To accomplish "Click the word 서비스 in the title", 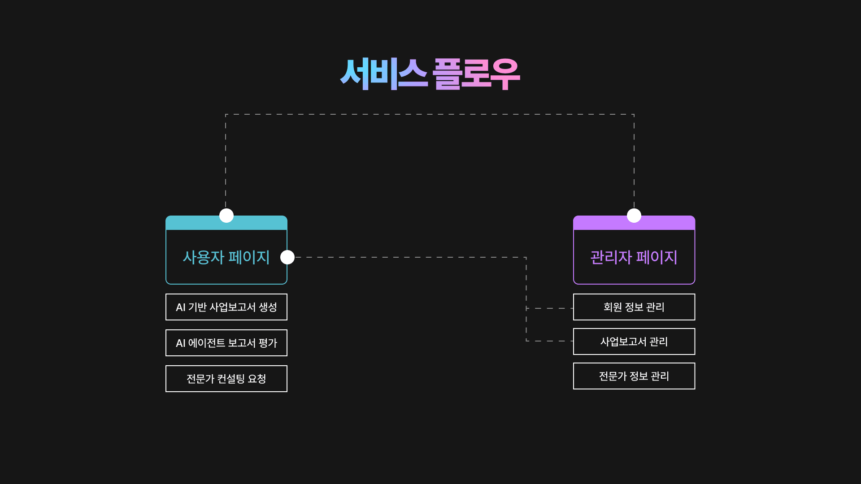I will (x=383, y=74).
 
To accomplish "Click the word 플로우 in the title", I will (x=476, y=74).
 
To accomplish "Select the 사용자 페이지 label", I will (x=226, y=257).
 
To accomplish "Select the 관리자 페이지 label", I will (x=634, y=257).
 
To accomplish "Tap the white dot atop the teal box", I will (x=226, y=216).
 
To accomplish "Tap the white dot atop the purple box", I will (x=634, y=216).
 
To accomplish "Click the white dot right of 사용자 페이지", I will (x=287, y=257).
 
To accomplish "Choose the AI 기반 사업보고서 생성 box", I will (x=226, y=307).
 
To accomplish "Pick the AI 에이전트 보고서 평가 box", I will (x=226, y=343).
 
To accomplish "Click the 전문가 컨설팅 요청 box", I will (x=226, y=379).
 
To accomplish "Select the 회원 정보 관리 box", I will (x=634, y=307).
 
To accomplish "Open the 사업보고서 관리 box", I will (x=634, y=341).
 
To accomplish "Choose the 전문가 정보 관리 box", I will (x=634, y=376).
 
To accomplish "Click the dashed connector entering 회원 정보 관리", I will (x=550, y=308).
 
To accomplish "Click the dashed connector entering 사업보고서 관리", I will (x=550, y=341).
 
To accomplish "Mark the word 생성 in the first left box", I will (x=268, y=307).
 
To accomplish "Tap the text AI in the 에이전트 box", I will (x=180, y=343).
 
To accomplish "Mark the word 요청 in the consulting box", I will (x=257, y=379).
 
